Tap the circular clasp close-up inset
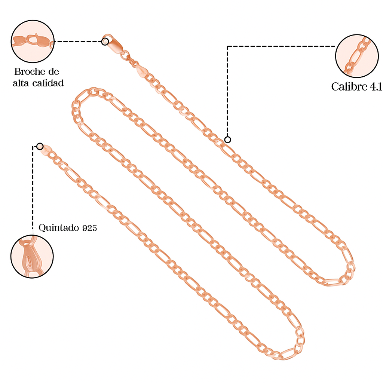(33, 42)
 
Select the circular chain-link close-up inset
(357, 56)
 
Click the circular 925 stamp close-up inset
(32, 257)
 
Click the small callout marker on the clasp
(105, 42)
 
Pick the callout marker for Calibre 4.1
(227, 140)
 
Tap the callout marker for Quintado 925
(40, 147)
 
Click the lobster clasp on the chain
(113, 44)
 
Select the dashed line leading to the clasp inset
(78, 42)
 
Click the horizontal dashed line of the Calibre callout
(281, 46)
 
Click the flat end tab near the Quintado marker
(46, 150)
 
